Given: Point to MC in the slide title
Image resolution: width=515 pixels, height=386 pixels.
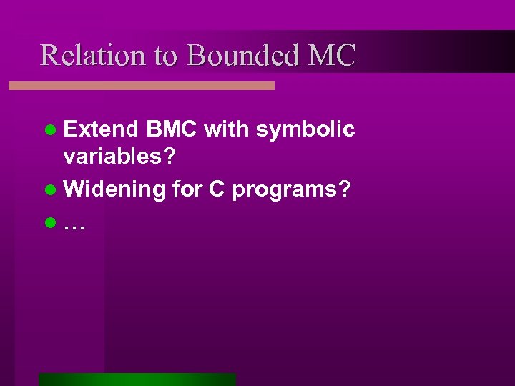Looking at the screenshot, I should point(333,55).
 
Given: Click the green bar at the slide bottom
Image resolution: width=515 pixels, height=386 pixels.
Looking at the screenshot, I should point(137,379).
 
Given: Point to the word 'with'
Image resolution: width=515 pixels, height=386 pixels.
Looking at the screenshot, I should point(227,130).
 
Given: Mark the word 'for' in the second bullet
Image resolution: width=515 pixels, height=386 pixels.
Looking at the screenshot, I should point(187,190).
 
